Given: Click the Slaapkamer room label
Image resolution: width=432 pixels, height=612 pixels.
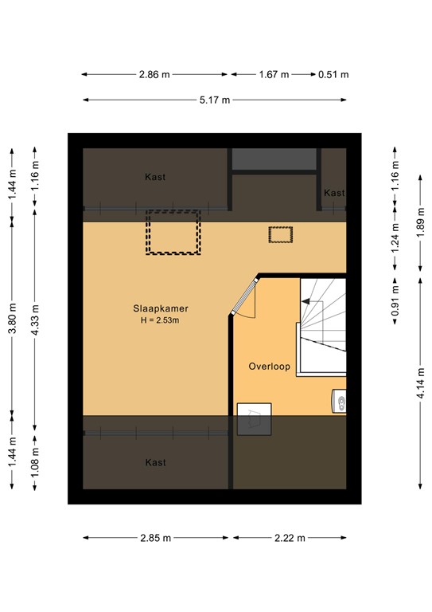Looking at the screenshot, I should click(x=161, y=308).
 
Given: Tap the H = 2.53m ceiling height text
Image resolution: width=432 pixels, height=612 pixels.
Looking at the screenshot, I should click(x=161, y=320).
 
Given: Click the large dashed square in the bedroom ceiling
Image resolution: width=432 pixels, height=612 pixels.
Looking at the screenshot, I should click(x=173, y=232).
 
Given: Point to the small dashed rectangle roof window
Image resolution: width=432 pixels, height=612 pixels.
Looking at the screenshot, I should click(x=280, y=234).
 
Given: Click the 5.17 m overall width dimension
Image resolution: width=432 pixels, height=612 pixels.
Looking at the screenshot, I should click(x=214, y=100).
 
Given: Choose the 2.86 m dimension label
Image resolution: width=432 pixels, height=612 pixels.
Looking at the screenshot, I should click(x=154, y=75).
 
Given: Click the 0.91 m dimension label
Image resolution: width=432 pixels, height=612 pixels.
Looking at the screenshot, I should click(x=395, y=305).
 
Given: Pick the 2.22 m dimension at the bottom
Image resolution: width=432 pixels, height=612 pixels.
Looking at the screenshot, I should click(x=289, y=538).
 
